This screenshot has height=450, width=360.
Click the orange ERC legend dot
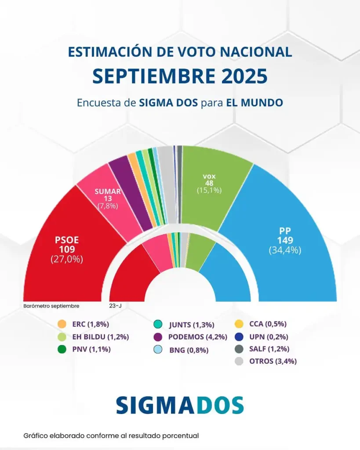[x=62, y=324]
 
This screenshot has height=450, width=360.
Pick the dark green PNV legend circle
[x=62, y=350]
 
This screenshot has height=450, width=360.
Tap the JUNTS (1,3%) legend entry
[x=191, y=325]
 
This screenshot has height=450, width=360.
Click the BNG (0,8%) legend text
[x=189, y=350]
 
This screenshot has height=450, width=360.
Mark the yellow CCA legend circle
[x=239, y=324]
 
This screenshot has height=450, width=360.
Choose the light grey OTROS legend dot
[x=239, y=362]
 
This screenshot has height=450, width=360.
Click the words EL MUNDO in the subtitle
[x=254, y=103]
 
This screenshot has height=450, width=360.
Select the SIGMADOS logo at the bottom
[x=180, y=405]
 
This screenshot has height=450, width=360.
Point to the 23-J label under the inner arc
[x=115, y=306]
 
